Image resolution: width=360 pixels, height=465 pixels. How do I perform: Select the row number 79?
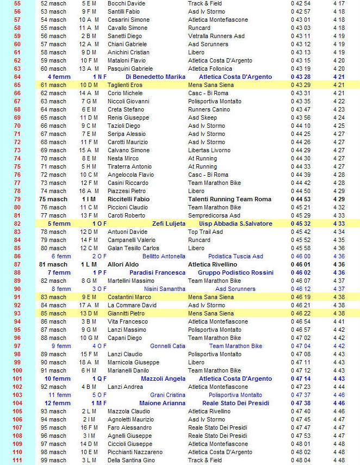tap(17, 199)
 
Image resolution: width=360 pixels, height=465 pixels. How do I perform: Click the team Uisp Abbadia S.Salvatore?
tap(235, 224)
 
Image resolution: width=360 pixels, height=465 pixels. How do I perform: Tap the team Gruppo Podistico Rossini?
tap(235, 272)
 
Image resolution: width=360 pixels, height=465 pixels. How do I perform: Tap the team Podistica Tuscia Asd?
tap(235, 256)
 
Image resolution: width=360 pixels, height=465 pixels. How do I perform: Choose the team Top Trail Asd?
tap(206, 232)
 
